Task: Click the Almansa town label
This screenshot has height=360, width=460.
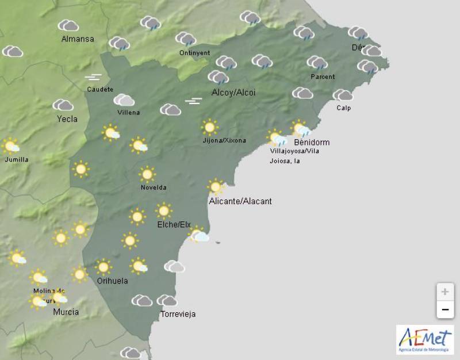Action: pyautogui.click(x=78, y=39)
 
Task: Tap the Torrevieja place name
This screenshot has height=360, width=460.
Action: pyautogui.click(x=178, y=314)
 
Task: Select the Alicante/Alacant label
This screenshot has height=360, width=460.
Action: pyautogui.click(x=240, y=201)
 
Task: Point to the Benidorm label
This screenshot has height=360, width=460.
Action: pyautogui.click(x=311, y=142)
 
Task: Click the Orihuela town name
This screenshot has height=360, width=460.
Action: pyautogui.click(x=112, y=281)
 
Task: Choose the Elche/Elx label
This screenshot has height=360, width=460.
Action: pyautogui.click(x=174, y=224)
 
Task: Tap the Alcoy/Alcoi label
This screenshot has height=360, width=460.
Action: pyautogui.click(x=233, y=93)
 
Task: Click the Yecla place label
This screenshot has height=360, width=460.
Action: pyautogui.click(x=67, y=119)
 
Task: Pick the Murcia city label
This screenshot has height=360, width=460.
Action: pyautogui.click(x=66, y=312)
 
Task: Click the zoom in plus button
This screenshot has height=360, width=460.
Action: pyautogui.click(x=444, y=292)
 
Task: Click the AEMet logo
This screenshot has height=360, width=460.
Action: pyautogui.click(x=425, y=339)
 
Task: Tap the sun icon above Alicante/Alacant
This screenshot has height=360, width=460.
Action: pyautogui.click(x=216, y=186)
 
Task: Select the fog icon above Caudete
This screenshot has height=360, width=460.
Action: pyautogui.click(x=93, y=77)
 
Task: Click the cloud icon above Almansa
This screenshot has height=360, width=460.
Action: pyautogui.click(x=68, y=25)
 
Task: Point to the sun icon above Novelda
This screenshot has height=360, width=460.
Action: pyautogui.click(x=147, y=174)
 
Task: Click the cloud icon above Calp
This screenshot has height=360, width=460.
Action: pyautogui.click(x=343, y=95)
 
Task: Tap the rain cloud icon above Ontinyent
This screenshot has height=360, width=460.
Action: pyautogui.click(x=186, y=39)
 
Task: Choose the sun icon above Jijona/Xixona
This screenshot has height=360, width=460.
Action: pyautogui.click(x=209, y=127)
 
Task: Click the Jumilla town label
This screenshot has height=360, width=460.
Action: pyautogui.click(x=16, y=159)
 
